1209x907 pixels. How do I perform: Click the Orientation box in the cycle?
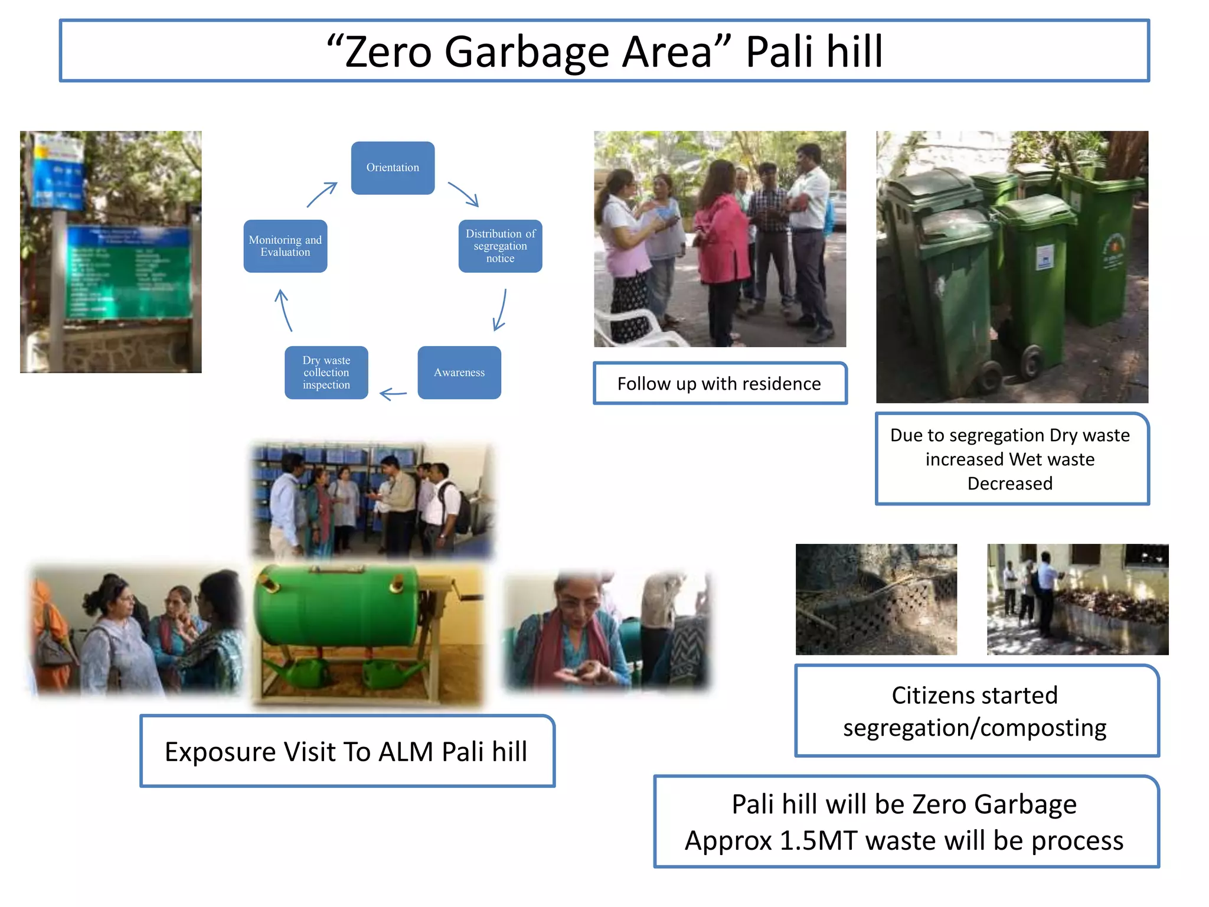[393, 168]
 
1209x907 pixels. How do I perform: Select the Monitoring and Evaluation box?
[285, 246]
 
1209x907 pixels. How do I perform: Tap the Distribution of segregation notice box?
[500, 246]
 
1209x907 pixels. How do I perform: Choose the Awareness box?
[459, 373]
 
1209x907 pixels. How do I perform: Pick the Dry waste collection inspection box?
[326, 373]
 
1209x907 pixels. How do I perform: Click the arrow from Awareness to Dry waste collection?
[393, 393]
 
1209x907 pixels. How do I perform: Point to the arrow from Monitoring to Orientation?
[322, 194]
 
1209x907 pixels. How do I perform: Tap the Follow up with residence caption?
[719, 384]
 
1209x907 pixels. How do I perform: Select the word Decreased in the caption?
[1009, 484]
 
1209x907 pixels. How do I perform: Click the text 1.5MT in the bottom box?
[819, 841]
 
